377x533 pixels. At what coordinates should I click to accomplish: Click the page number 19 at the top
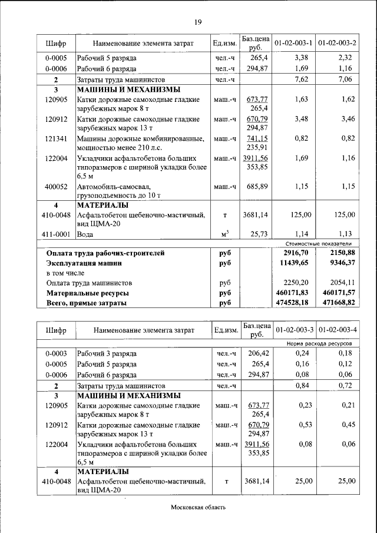pyautogui.click(x=198, y=22)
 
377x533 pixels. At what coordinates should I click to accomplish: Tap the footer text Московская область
pyautogui.click(x=198, y=507)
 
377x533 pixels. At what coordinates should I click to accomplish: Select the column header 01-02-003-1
pyautogui.click(x=293, y=43)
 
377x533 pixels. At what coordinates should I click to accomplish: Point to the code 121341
pyautogui.click(x=57, y=138)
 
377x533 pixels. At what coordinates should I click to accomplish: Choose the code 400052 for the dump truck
pyautogui.click(x=57, y=187)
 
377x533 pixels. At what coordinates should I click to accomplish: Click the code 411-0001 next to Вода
pyautogui.click(x=57, y=234)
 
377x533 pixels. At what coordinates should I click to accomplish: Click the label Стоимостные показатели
pyautogui.click(x=318, y=243)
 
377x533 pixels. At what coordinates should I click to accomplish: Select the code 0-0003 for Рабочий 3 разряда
pyautogui.click(x=57, y=353)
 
